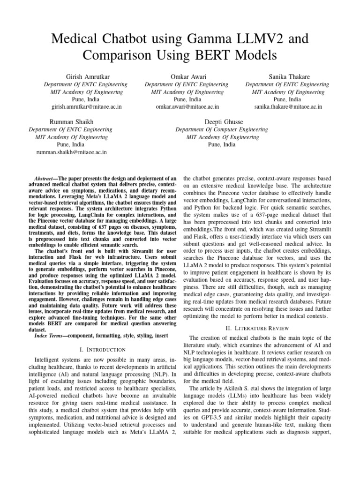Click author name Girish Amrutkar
85,76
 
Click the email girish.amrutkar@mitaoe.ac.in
85,107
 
